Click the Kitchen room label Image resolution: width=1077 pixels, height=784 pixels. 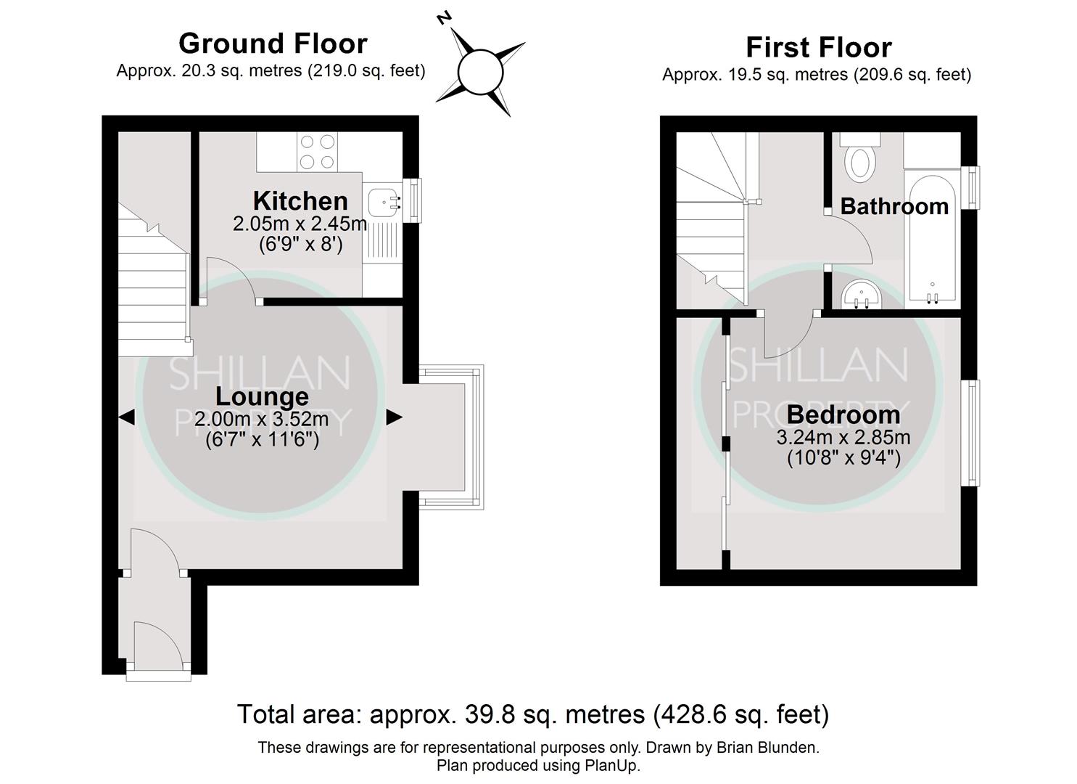coord(300,201)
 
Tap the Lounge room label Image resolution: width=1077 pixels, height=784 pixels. coord(262,397)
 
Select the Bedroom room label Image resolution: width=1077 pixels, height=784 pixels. coord(843,415)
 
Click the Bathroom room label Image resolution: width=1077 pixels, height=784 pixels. coord(894,207)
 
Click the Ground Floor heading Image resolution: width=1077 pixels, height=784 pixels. coord(273,44)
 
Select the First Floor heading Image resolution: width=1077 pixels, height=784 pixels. coord(818,48)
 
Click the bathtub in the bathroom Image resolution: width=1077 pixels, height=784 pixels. coord(932,240)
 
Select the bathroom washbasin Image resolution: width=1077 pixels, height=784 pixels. coord(862,297)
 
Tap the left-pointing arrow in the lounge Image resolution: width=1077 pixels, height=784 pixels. coord(126,417)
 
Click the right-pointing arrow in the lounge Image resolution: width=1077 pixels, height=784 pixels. coord(394,417)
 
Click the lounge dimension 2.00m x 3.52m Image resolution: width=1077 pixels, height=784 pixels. coord(262,420)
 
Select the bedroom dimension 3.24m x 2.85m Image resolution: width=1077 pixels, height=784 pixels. coord(843,438)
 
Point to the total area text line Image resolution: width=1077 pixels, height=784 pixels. coord(533,714)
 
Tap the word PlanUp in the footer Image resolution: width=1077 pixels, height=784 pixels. coord(611,765)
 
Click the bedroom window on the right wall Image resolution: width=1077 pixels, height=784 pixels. coord(970,433)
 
